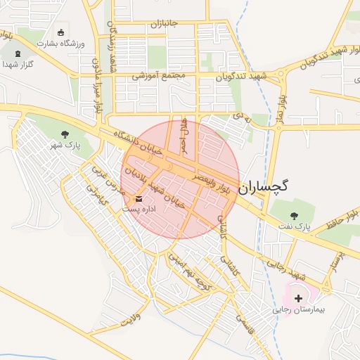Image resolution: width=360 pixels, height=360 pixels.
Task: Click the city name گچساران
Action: click(x=264, y=187)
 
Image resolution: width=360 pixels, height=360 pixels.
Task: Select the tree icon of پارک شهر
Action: click(x=65, y=134)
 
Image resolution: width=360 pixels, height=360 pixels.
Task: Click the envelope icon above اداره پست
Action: click(x=137, y=198)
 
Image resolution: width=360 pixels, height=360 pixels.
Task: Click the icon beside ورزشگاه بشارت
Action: click(x=60, y=32)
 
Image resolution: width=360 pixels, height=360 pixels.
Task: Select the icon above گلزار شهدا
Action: click(x=17, y=53)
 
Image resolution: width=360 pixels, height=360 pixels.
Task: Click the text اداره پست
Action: click(x=136, y=209)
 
